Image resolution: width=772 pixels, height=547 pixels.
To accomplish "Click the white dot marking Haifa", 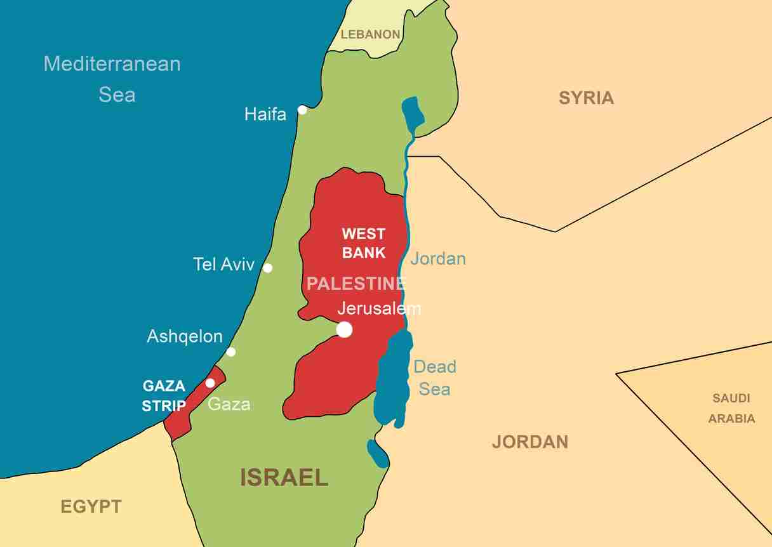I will coord(302,110).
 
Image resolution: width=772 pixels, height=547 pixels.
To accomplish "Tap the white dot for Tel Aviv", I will coord(268,268).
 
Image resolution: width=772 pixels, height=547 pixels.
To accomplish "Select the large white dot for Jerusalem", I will coord(344,329).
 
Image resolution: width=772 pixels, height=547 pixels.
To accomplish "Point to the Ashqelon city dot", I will coord(231,352).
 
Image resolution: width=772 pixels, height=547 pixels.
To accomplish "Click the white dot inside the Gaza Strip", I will coord(210,383).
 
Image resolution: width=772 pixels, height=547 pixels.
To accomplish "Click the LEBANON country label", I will coord(371,35).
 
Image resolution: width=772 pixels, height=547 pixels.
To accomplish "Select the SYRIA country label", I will coord(586,98).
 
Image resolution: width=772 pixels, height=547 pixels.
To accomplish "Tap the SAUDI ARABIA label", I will coord(731,408).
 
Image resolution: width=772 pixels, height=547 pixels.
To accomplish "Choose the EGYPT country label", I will coord(91,506).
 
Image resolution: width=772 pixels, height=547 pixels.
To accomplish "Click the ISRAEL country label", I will coord(284,477).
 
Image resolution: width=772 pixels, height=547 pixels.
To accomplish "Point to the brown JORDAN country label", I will coord(529,442).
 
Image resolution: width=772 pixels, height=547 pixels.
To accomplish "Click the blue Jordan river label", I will coord(438,259).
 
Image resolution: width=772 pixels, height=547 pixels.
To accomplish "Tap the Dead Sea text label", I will coord(435,378).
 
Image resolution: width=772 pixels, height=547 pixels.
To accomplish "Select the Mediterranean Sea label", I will coord(112,79).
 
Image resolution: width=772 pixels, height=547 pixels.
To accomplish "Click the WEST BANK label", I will coord(364,243).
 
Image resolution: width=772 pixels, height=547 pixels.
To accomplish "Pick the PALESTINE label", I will coord(356,284).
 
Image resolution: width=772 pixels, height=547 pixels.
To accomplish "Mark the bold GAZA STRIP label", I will coord(164,395).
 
